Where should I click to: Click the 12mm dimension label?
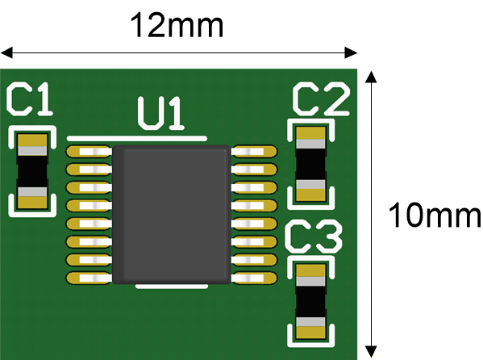pyautogui.click(x=177, y=25)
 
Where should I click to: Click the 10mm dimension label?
pyautogui.click(x=435, y=215)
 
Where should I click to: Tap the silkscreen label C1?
pyautogui.click(x=30, y=99)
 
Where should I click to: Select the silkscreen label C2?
pyautogui.click(x=321, y=99)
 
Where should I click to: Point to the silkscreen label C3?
pyautogui.click(x=314, y=237)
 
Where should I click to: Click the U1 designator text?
pyautogui.click(x=161, y=113)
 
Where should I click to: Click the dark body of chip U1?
pyautogui.click(x=172, y=215)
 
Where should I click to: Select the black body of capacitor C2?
pyautogui.click(x=310, y=164)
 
